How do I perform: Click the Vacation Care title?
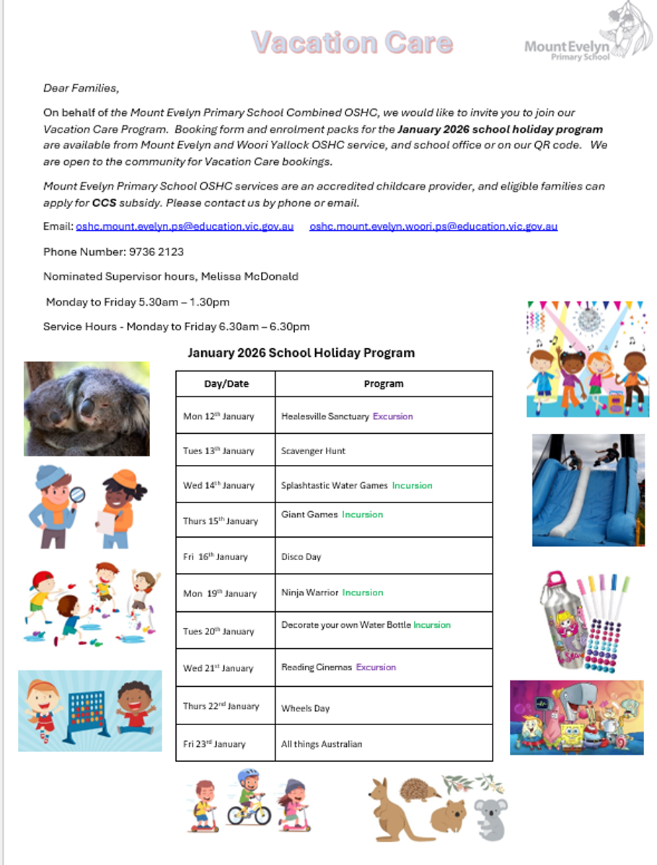point(352,43)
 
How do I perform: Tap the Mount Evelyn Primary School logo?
point(586,37)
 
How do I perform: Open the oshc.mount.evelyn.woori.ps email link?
point(433,226)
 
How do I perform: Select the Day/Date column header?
point(226,384)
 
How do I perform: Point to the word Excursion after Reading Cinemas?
point(376,667)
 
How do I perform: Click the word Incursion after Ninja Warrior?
point(362,593)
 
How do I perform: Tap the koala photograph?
point(87,408)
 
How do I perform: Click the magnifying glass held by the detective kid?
point(77,494)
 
